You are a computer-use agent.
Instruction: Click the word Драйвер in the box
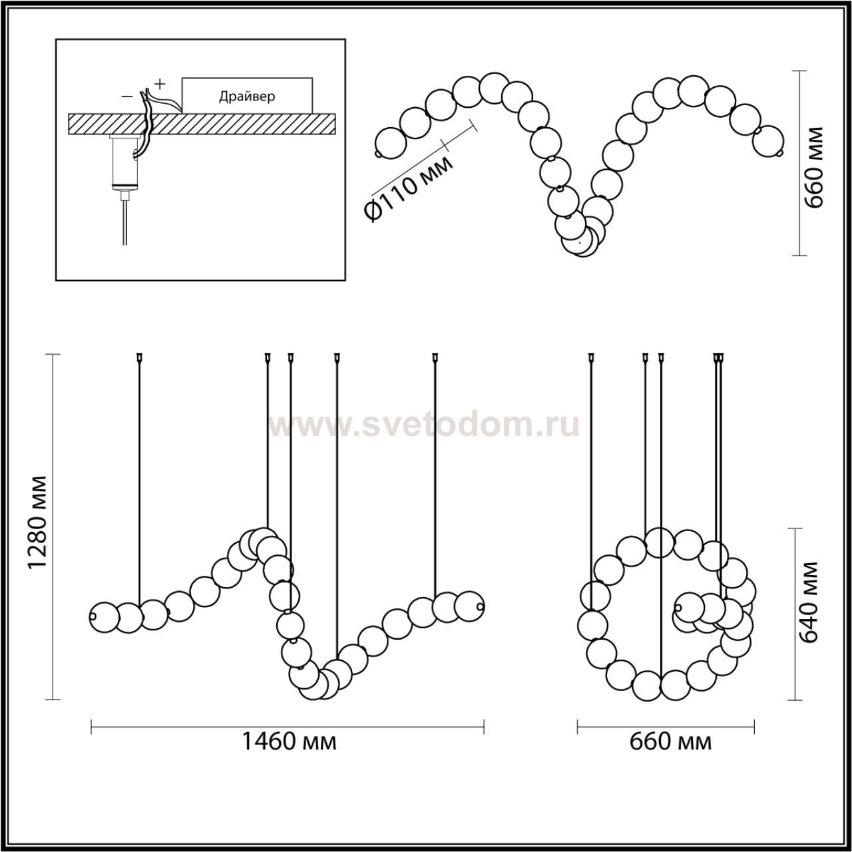247,96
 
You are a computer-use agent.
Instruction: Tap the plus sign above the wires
160,83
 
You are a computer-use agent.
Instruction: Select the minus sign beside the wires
127,96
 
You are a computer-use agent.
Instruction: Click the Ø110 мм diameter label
408,186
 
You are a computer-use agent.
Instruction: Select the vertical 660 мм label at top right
813,168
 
